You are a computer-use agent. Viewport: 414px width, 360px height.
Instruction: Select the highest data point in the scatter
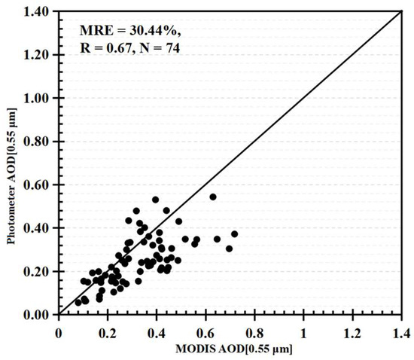[213, 197]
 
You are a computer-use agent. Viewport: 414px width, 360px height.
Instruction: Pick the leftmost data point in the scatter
[78, 302]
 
